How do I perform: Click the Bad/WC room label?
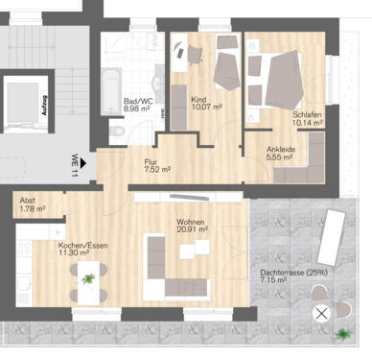pos(139,100)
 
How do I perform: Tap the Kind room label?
pos(200,100)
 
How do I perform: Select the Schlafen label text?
pos(307,114)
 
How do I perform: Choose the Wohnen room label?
pos(191,222)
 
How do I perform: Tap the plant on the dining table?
pos(88,277)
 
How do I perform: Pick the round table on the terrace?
pos(320,312)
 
